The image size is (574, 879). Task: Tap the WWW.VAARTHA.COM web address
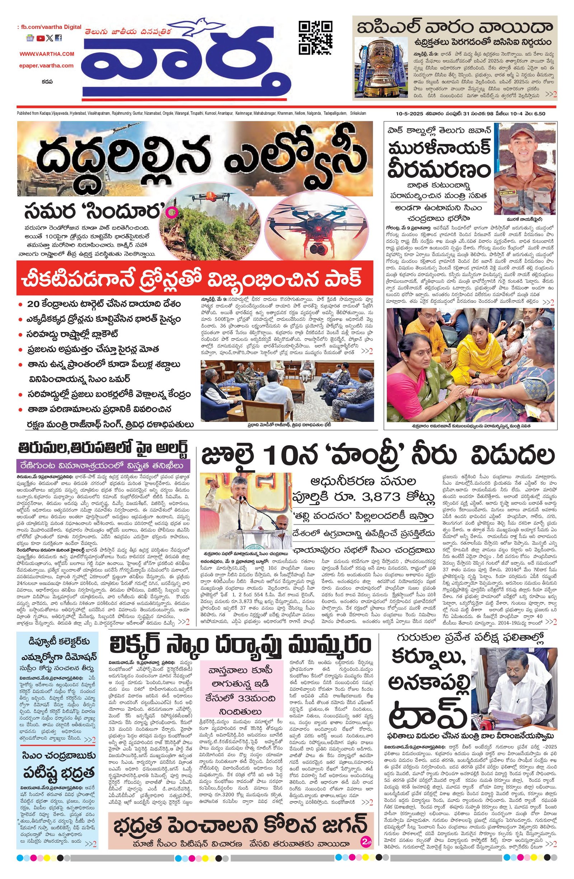(47, 54)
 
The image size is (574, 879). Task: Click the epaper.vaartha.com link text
(47, 66)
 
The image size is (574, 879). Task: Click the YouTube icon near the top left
(40, 38)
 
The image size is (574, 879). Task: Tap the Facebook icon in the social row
(59, 38)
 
